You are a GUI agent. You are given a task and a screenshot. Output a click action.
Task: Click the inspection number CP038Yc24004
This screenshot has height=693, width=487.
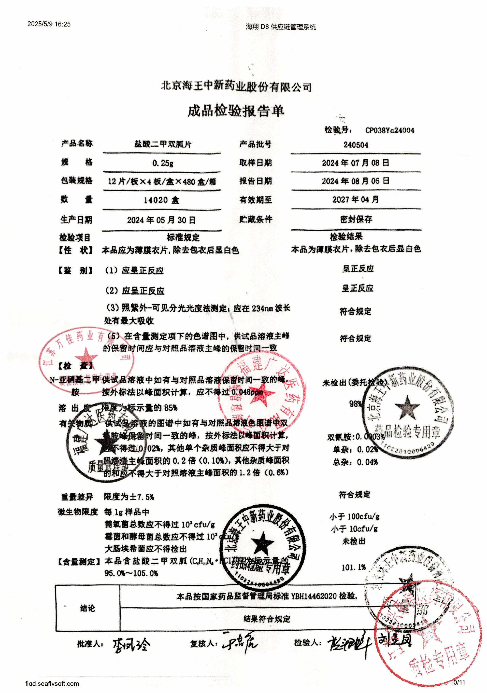pyautogui.click(x=389, y=130)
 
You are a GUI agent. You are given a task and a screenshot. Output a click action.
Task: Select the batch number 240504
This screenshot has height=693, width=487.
pyautogui.click(x=356, y=145)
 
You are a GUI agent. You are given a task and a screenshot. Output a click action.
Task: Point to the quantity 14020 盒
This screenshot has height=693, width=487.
pyautogui.click(x=161, y=200)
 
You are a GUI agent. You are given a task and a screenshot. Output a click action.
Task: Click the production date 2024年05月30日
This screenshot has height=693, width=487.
pyautogui.click(x=161, y=220)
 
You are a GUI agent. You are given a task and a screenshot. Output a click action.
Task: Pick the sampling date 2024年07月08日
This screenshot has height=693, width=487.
pyautogui.click(x=355, y=163)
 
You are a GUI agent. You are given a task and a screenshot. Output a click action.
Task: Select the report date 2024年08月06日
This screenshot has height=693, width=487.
pyautogui.click(x=355, y=181)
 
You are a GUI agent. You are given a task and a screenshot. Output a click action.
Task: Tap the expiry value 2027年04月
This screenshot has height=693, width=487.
pyautogui.click(x=355, y=199)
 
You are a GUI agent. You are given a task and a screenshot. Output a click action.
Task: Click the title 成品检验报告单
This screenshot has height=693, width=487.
pyautogui.click(x=236, y=111)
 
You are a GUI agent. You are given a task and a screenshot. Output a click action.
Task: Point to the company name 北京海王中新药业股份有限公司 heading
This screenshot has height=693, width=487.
pyautogui.click(x=236, y=87)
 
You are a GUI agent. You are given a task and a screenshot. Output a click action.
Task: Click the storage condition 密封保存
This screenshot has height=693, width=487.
pyautogui.click(x=356, y=220)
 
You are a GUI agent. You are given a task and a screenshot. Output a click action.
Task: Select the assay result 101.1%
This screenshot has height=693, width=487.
pyautogui.click(x=354, y=567)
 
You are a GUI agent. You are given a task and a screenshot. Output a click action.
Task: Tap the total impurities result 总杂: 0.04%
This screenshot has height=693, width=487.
pyautogui.click(x=355, y=462)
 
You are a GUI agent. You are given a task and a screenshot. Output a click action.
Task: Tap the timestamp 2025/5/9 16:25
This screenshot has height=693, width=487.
pyautogui.click(x=49, y=24)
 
